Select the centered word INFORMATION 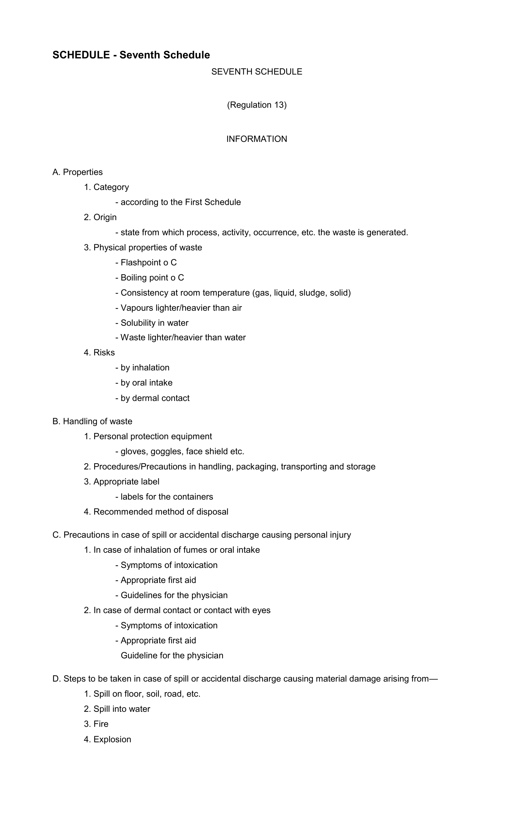click(x=257, y=139)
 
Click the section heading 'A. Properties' click(x=78, y=172)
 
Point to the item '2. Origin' click(x=100, y=217)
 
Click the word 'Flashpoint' click(x=141, y=263)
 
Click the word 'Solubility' click(x=138, y=323)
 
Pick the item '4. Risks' click(x=99, y=353)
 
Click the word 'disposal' click(x=212, y=512)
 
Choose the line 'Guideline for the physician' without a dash click(x=172, y=656)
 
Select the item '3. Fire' click(x=96, y=724)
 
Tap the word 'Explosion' click(x=112, y=739)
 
